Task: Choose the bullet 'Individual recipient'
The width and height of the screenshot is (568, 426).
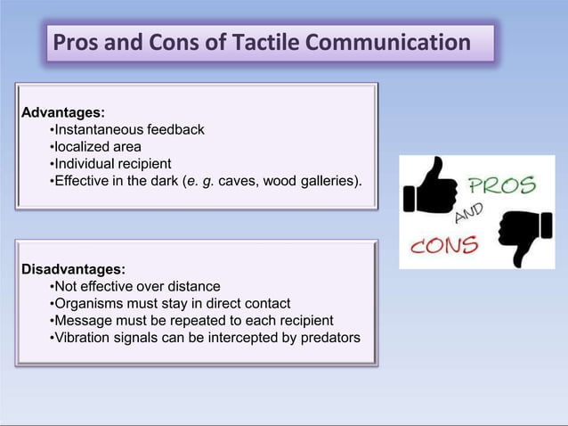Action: tap(110, 164)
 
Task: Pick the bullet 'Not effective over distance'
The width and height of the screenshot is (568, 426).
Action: tap(135, 286)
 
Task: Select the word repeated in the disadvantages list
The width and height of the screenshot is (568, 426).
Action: tap(200, 320)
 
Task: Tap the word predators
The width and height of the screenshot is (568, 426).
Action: tap(329, 337)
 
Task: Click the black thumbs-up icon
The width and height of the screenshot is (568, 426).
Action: tap(429, 187)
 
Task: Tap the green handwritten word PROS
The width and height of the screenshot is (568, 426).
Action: tap(501, 185)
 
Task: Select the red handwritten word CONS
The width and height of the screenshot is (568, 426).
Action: tap(444, 243)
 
